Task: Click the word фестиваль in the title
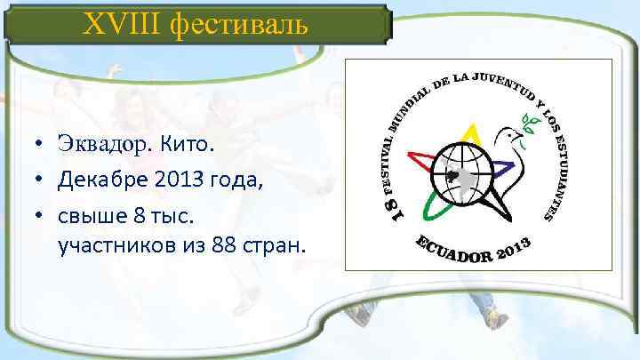pyautogui.click(x=232, y=24)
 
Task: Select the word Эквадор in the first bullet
pyautogui.click(x=104, y=142)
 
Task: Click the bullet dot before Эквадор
pyautogui.click(x=42, y=143)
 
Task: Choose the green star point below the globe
pyautogui.click(x=437, y=207)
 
